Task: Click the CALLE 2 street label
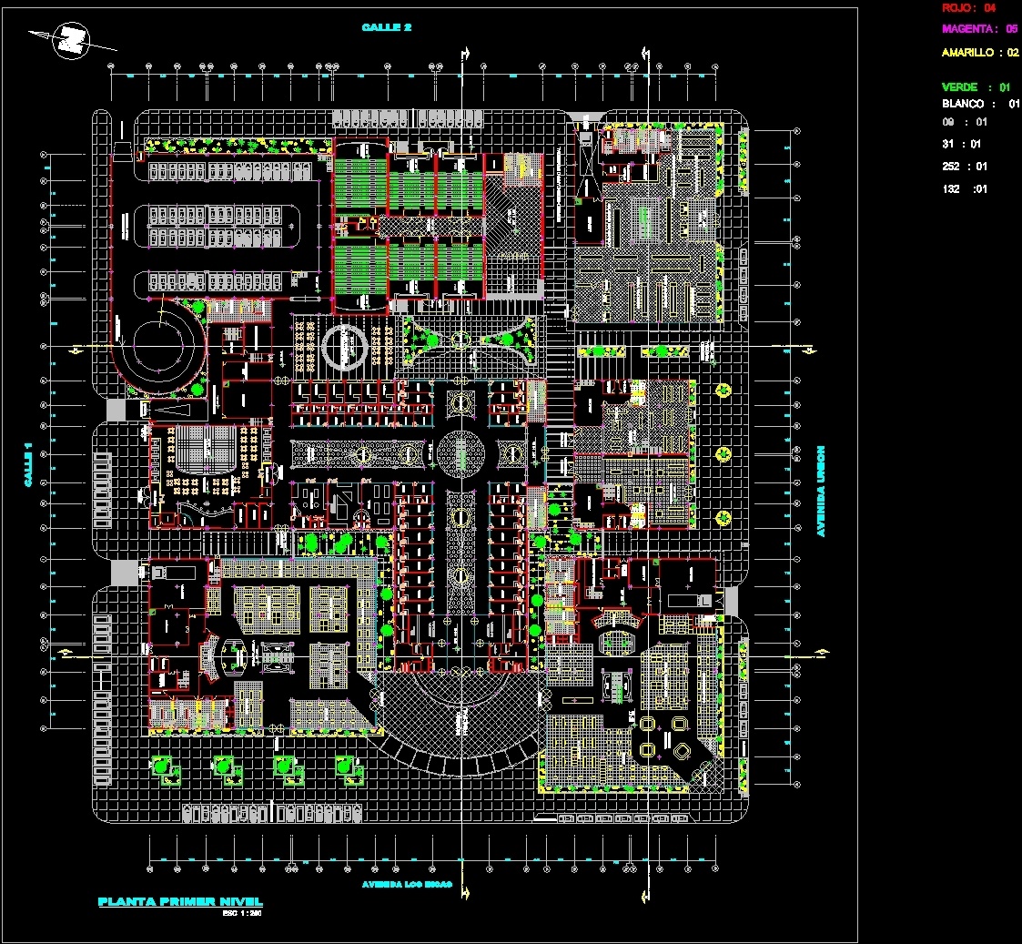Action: (x=387, y=27)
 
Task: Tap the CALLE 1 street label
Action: (x=28, y=464)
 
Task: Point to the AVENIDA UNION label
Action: (x=820, y=491)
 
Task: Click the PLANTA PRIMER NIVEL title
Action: (x=179, y=902)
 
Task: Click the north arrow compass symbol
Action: (x=72, y=40)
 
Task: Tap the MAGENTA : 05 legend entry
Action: (x=979, y=29)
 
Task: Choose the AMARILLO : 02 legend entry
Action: (x=979, y=53)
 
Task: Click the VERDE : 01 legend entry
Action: (x=976, y=87)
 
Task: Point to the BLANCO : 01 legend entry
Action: (x=980, y=104)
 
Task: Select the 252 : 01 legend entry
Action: (x=964, y=167)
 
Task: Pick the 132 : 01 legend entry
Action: (x=964, y=189)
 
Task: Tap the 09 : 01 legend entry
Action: (x=964, y=121)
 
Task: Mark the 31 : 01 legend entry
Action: (x=964, y=144)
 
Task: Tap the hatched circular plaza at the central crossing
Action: (x=461, y=452)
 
